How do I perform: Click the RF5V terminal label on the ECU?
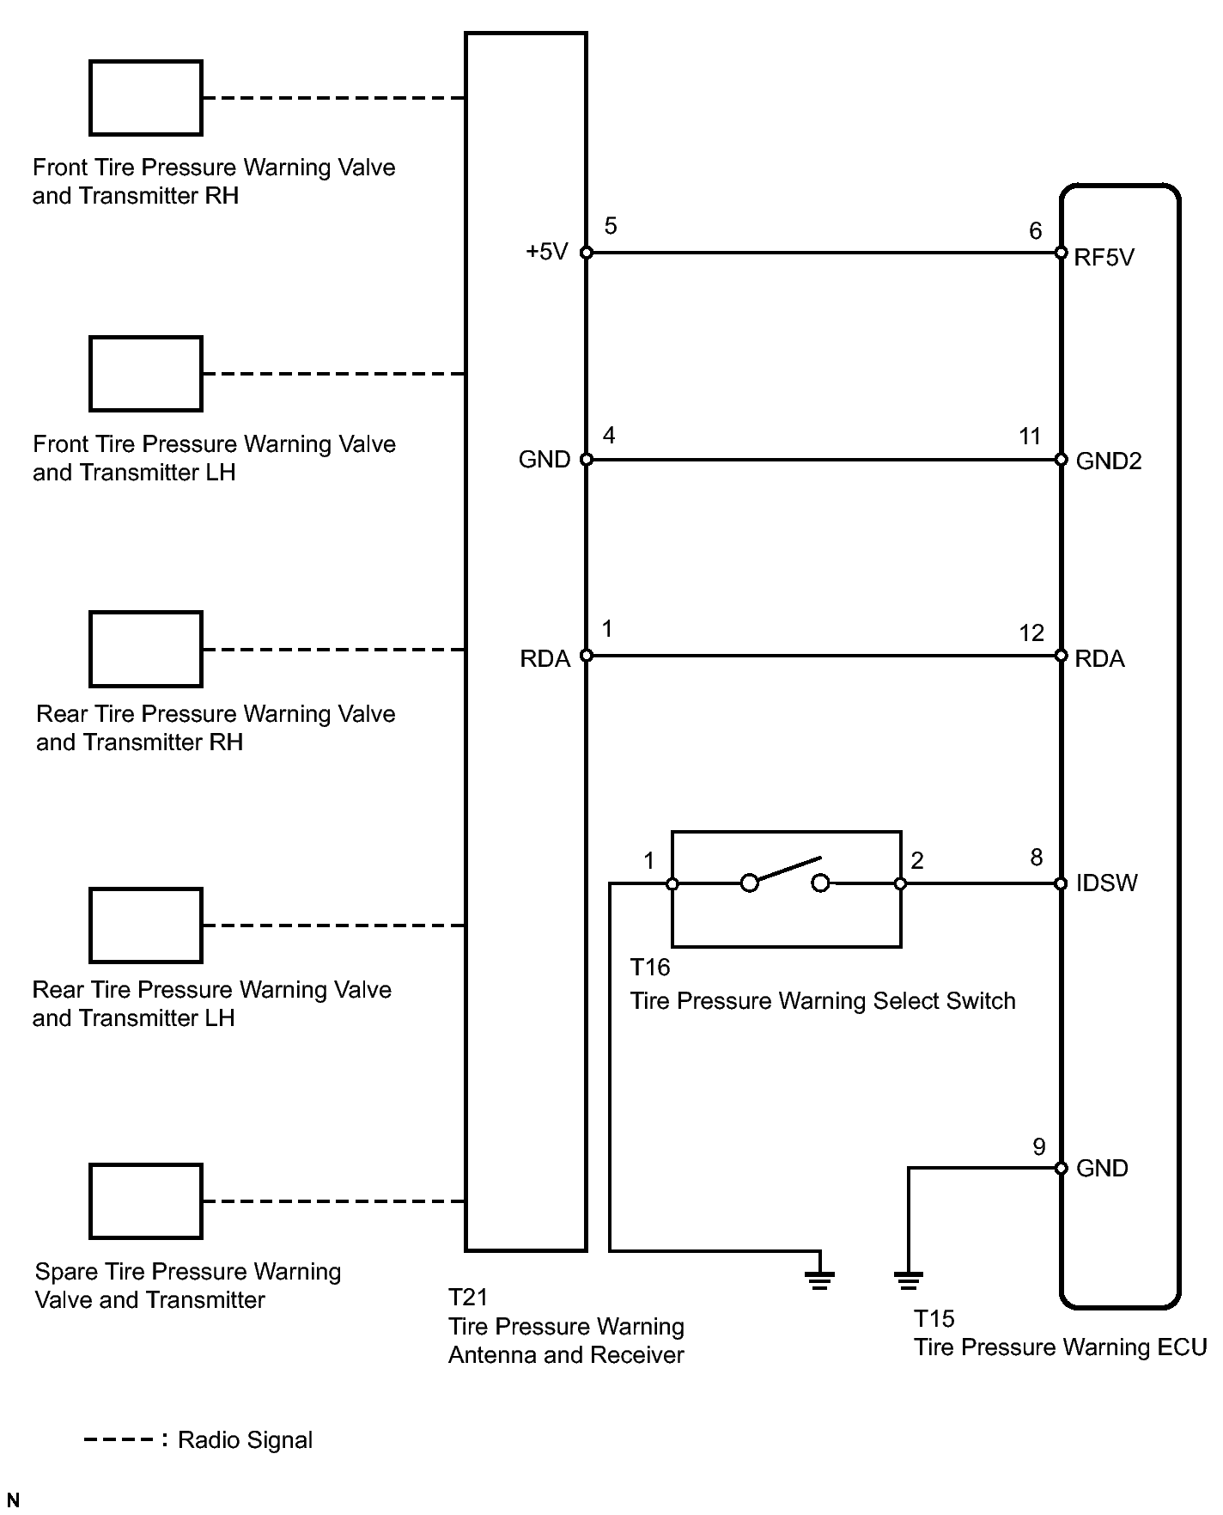tap(1104, 258)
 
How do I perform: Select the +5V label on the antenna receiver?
tap(547, 252)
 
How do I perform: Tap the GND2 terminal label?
tap(1109, 461)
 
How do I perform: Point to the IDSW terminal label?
tap(1106, 883)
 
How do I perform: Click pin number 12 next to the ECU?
tap(1031, 633)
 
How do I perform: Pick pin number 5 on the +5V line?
tap(611, 226)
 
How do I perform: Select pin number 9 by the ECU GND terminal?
tap(1039, 1147)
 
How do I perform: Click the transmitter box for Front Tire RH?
tap(146, 98)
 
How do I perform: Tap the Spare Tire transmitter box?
tap(146, 1201)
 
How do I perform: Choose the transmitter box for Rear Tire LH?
tap(146, 925)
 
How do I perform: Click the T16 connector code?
tap(649, 968)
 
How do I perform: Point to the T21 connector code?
tap(468, 1297)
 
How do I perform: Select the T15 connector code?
tap(934, 1318)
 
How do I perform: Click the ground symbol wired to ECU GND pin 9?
tap(908, 1280)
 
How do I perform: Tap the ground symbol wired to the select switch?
tap(820, 1280)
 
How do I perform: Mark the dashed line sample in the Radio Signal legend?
tap(119, 1439)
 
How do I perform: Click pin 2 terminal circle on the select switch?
tap(900, 883)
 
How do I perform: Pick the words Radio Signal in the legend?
tap(245, 1440)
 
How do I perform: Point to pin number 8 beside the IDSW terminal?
tap(1037, 858)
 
